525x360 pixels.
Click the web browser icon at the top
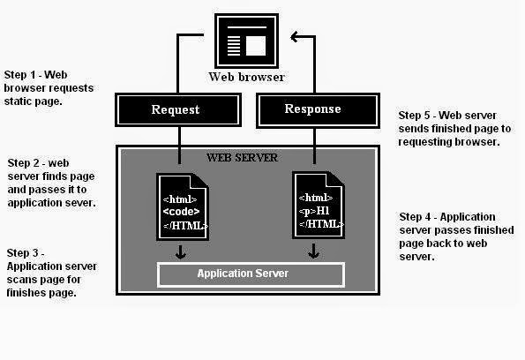coord(246,41)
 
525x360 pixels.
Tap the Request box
coord(178,109)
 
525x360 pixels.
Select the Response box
coord(318,110)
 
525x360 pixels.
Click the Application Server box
coord(251,275)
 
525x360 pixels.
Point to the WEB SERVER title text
coord(242,158)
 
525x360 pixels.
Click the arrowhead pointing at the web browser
coord(295,36)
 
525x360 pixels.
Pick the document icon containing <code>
coord(183,206)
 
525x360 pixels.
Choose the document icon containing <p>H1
coord(319,205)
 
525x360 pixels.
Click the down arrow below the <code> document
coord(181,252)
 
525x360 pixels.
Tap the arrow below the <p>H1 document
coord(313,251)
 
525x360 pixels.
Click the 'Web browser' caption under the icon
coord(246,77)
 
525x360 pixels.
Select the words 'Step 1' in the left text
coord(19,75)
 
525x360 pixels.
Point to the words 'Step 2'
coord(23,163)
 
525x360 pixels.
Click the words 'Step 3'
coord(22,253)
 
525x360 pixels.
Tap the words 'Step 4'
coord(415,217)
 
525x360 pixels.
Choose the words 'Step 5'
coord(414,116)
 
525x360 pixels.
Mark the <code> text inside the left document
coord(181,212)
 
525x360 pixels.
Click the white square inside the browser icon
coord(256,46)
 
